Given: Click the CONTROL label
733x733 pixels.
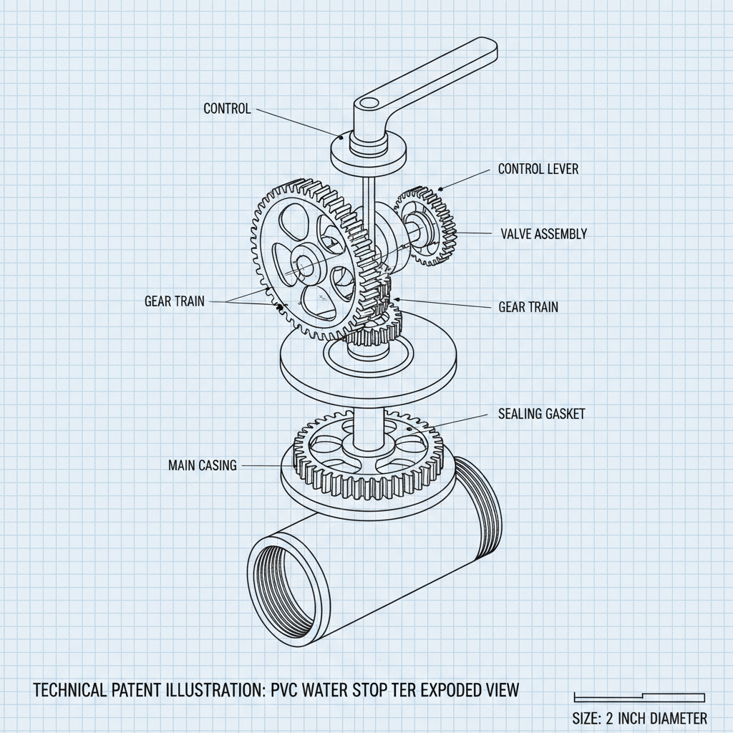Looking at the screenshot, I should click(227, 109).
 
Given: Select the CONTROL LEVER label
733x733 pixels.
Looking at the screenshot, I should click(538, 169).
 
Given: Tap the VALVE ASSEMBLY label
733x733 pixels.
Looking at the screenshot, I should click(543, 233).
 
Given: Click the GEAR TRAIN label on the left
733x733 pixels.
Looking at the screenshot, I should click(174, 301).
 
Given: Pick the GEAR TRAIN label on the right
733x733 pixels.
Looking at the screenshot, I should click(528, 307).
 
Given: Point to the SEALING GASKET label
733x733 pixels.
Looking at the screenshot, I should click(540, 414).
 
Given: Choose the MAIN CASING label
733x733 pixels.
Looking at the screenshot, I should click(202, 465).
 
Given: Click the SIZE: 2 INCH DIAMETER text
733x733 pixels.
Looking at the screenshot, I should click(640, 718).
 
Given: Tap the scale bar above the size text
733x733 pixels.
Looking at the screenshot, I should click(639, 697).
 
